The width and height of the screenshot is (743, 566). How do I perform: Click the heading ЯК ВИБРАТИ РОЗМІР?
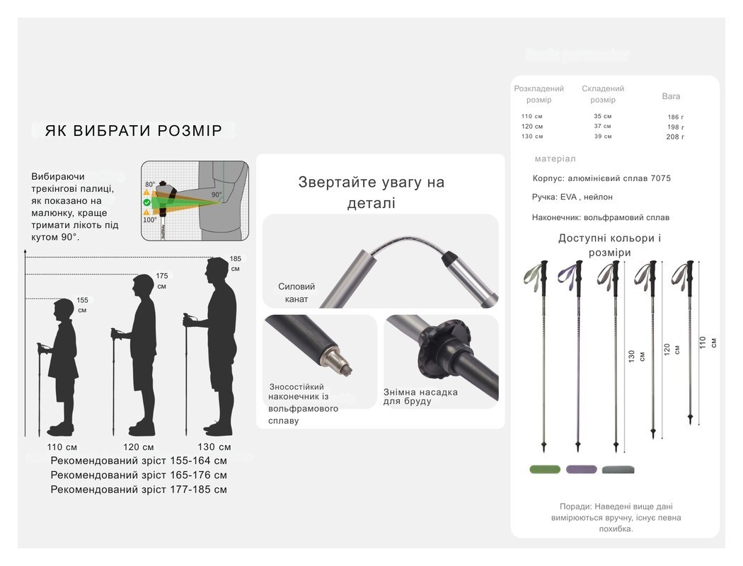tap(134, 131)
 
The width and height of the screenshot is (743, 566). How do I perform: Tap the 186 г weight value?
tap(675, 117)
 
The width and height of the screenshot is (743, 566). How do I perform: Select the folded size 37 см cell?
tap(602, 127)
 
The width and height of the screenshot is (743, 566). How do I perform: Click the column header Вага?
tap(671, 96)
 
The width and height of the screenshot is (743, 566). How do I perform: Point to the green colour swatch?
tap(544, 469)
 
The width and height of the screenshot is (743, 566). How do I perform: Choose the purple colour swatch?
tap(581, 469)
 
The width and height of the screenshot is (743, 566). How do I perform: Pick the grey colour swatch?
tap(618, 469)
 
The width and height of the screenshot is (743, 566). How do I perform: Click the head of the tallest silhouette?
tap(217, 271)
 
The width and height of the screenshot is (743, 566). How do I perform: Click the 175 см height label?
tap(162, 281)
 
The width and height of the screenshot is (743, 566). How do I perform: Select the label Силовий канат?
tap(296, 293)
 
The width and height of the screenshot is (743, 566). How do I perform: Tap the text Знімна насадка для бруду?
tap(420, 397)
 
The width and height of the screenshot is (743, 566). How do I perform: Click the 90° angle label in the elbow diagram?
tap(216, 195)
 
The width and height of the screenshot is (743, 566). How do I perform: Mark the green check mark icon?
tap(146, 202)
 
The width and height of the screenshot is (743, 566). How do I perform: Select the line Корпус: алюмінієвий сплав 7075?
tap(601, 179)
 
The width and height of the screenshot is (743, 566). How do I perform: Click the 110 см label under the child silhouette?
tap(62, 447)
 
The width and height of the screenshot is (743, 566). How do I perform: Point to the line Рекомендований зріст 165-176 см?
tap(139, 475)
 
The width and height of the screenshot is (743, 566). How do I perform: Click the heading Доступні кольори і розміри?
tap(609, 245)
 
